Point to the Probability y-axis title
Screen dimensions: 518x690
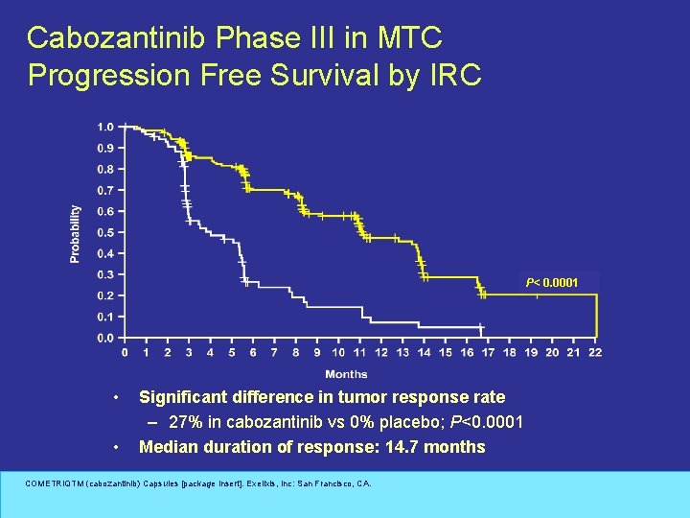pos(76,233)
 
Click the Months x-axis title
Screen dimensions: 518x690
pos(346,374)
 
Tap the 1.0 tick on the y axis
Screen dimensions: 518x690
pos(104,127)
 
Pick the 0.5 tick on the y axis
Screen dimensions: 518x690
pos(104,232)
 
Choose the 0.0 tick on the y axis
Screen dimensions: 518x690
pos(104,338)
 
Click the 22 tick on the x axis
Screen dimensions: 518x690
pos(594,353)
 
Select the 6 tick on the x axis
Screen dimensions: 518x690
pos(253,353)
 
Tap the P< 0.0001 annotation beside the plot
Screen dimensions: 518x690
pos(551,283)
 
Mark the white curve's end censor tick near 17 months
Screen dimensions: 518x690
pos(482,329)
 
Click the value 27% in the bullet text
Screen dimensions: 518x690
pos(184,422)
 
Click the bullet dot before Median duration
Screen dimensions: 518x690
pos(115,447)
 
